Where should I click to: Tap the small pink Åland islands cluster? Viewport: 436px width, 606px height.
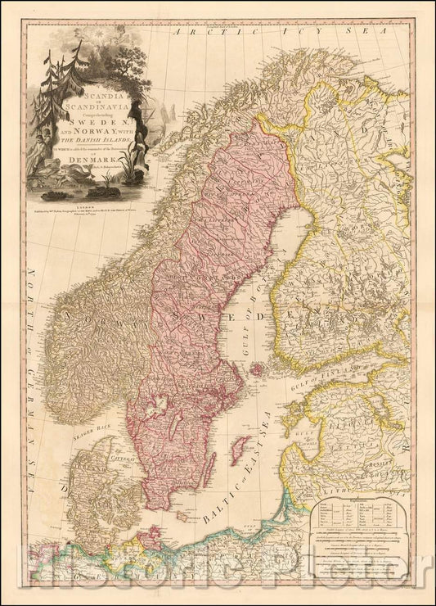click(x=257, y=370)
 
